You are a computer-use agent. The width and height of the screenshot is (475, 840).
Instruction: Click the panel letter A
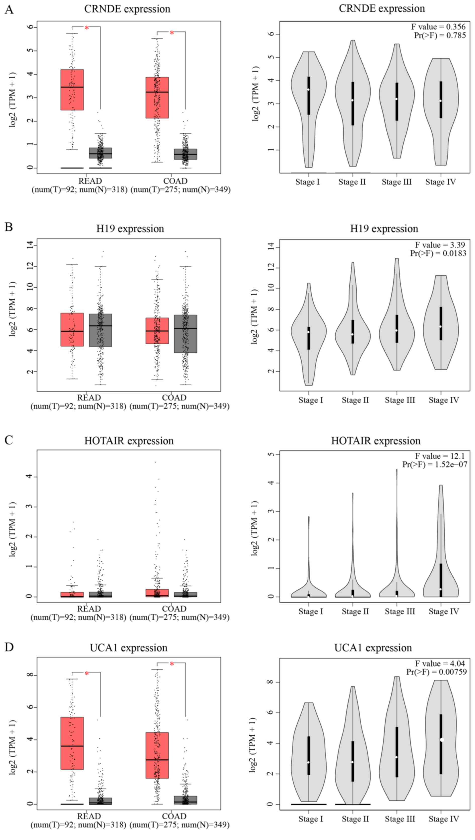click(x=9, y=10)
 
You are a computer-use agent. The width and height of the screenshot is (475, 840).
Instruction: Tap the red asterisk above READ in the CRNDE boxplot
click(x=87, y=28)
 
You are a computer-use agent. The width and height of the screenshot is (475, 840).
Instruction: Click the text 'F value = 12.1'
click(x=440, y=456)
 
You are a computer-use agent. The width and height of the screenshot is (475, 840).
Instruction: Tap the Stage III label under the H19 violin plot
click(x=400, y=400)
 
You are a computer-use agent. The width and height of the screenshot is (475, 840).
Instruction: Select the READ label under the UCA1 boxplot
click(x=89, y=816)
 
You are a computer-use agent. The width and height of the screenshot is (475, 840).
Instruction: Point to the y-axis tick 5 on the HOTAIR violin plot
click(x=272, y=454)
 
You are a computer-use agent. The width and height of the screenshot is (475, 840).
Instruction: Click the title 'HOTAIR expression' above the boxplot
click(x=129, y=441)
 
